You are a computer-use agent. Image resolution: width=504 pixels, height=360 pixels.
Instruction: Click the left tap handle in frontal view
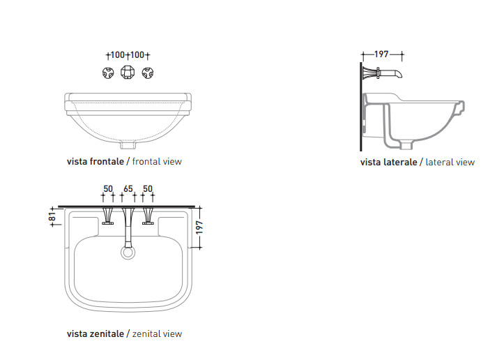108,73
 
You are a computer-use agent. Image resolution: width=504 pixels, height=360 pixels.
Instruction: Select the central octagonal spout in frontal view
128,72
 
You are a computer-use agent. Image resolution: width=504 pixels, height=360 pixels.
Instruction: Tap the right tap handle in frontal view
148,73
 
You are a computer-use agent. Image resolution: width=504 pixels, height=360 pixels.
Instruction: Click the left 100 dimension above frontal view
117,55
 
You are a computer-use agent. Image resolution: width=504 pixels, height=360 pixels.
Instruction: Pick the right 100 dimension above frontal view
137,55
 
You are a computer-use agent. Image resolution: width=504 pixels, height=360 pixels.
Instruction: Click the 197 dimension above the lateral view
381,54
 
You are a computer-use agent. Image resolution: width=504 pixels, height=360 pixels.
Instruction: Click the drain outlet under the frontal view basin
128,145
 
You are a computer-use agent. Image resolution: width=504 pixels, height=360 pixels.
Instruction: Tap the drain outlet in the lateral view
406,145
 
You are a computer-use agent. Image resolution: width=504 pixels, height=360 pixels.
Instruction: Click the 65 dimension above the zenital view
128,189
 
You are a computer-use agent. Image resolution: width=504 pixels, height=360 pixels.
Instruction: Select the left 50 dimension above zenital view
108,189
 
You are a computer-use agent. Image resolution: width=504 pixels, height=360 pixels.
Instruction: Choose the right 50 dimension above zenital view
148,189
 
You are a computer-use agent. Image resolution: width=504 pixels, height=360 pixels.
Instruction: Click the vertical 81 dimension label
52,216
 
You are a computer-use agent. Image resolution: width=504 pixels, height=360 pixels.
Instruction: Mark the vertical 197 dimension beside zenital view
199,227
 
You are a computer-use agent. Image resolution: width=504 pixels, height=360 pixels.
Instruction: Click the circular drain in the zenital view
128,253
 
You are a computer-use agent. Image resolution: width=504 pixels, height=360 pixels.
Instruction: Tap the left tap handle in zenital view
107,216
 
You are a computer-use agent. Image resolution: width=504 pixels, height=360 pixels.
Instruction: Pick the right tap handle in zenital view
148,216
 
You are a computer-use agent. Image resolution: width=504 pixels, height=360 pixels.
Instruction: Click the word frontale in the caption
107,161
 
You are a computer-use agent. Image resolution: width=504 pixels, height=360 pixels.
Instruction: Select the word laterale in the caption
401,162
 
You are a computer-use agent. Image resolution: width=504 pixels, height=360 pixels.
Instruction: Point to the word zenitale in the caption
107,334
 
